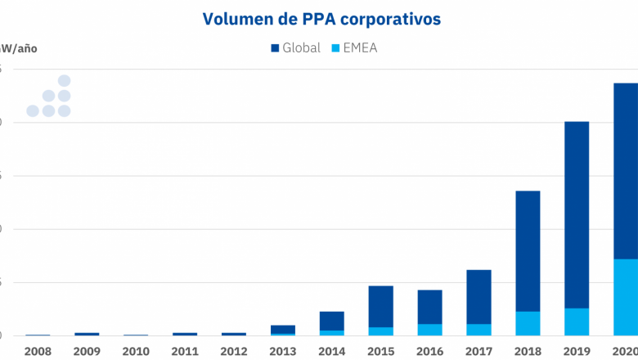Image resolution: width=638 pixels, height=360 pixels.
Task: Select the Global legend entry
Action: [295, 48]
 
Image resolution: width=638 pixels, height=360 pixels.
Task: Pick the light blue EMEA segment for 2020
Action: [626, 297]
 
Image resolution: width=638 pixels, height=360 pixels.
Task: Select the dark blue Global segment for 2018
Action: [528, 250]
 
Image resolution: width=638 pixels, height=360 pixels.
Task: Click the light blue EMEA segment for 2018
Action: [528, 323]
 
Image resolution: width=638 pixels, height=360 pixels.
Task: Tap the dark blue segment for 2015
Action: [380, 306]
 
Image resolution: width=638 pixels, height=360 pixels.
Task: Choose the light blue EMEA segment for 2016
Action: [429, 330]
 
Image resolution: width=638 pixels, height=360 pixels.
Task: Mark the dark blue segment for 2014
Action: [331, 321]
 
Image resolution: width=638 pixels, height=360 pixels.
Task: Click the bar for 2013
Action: [282, 330]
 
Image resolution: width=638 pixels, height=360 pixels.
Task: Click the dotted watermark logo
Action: [49, 97]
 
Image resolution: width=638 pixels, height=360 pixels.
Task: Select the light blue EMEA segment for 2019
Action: [577, 322]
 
